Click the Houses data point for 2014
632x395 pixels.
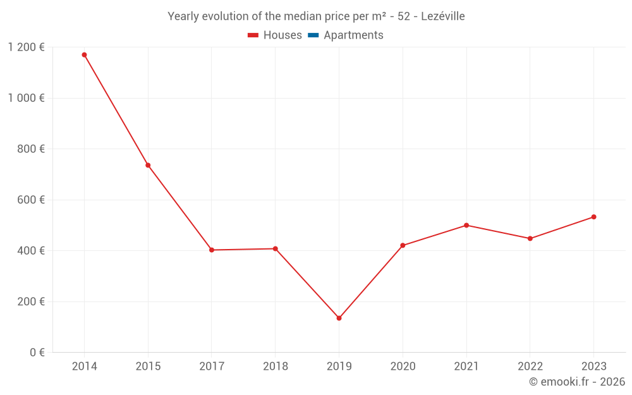pos(84,55)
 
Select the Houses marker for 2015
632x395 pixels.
pos(148,166)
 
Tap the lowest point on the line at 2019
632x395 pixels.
pos(339,318)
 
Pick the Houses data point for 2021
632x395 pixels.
pos(466,225)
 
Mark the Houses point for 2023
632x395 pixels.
pos(593,217)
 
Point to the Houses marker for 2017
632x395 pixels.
pos(212,250)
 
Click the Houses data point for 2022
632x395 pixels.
pos(530,238)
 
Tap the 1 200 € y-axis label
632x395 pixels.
pos(26,47)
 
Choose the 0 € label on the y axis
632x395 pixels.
pos(37,352)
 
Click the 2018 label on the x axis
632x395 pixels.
pos(275,367)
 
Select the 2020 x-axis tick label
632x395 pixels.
pos(403,367)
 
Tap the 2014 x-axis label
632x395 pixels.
pos(84,367)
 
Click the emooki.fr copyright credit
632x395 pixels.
pos(576,382)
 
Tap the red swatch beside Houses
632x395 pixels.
pos(253,35)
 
